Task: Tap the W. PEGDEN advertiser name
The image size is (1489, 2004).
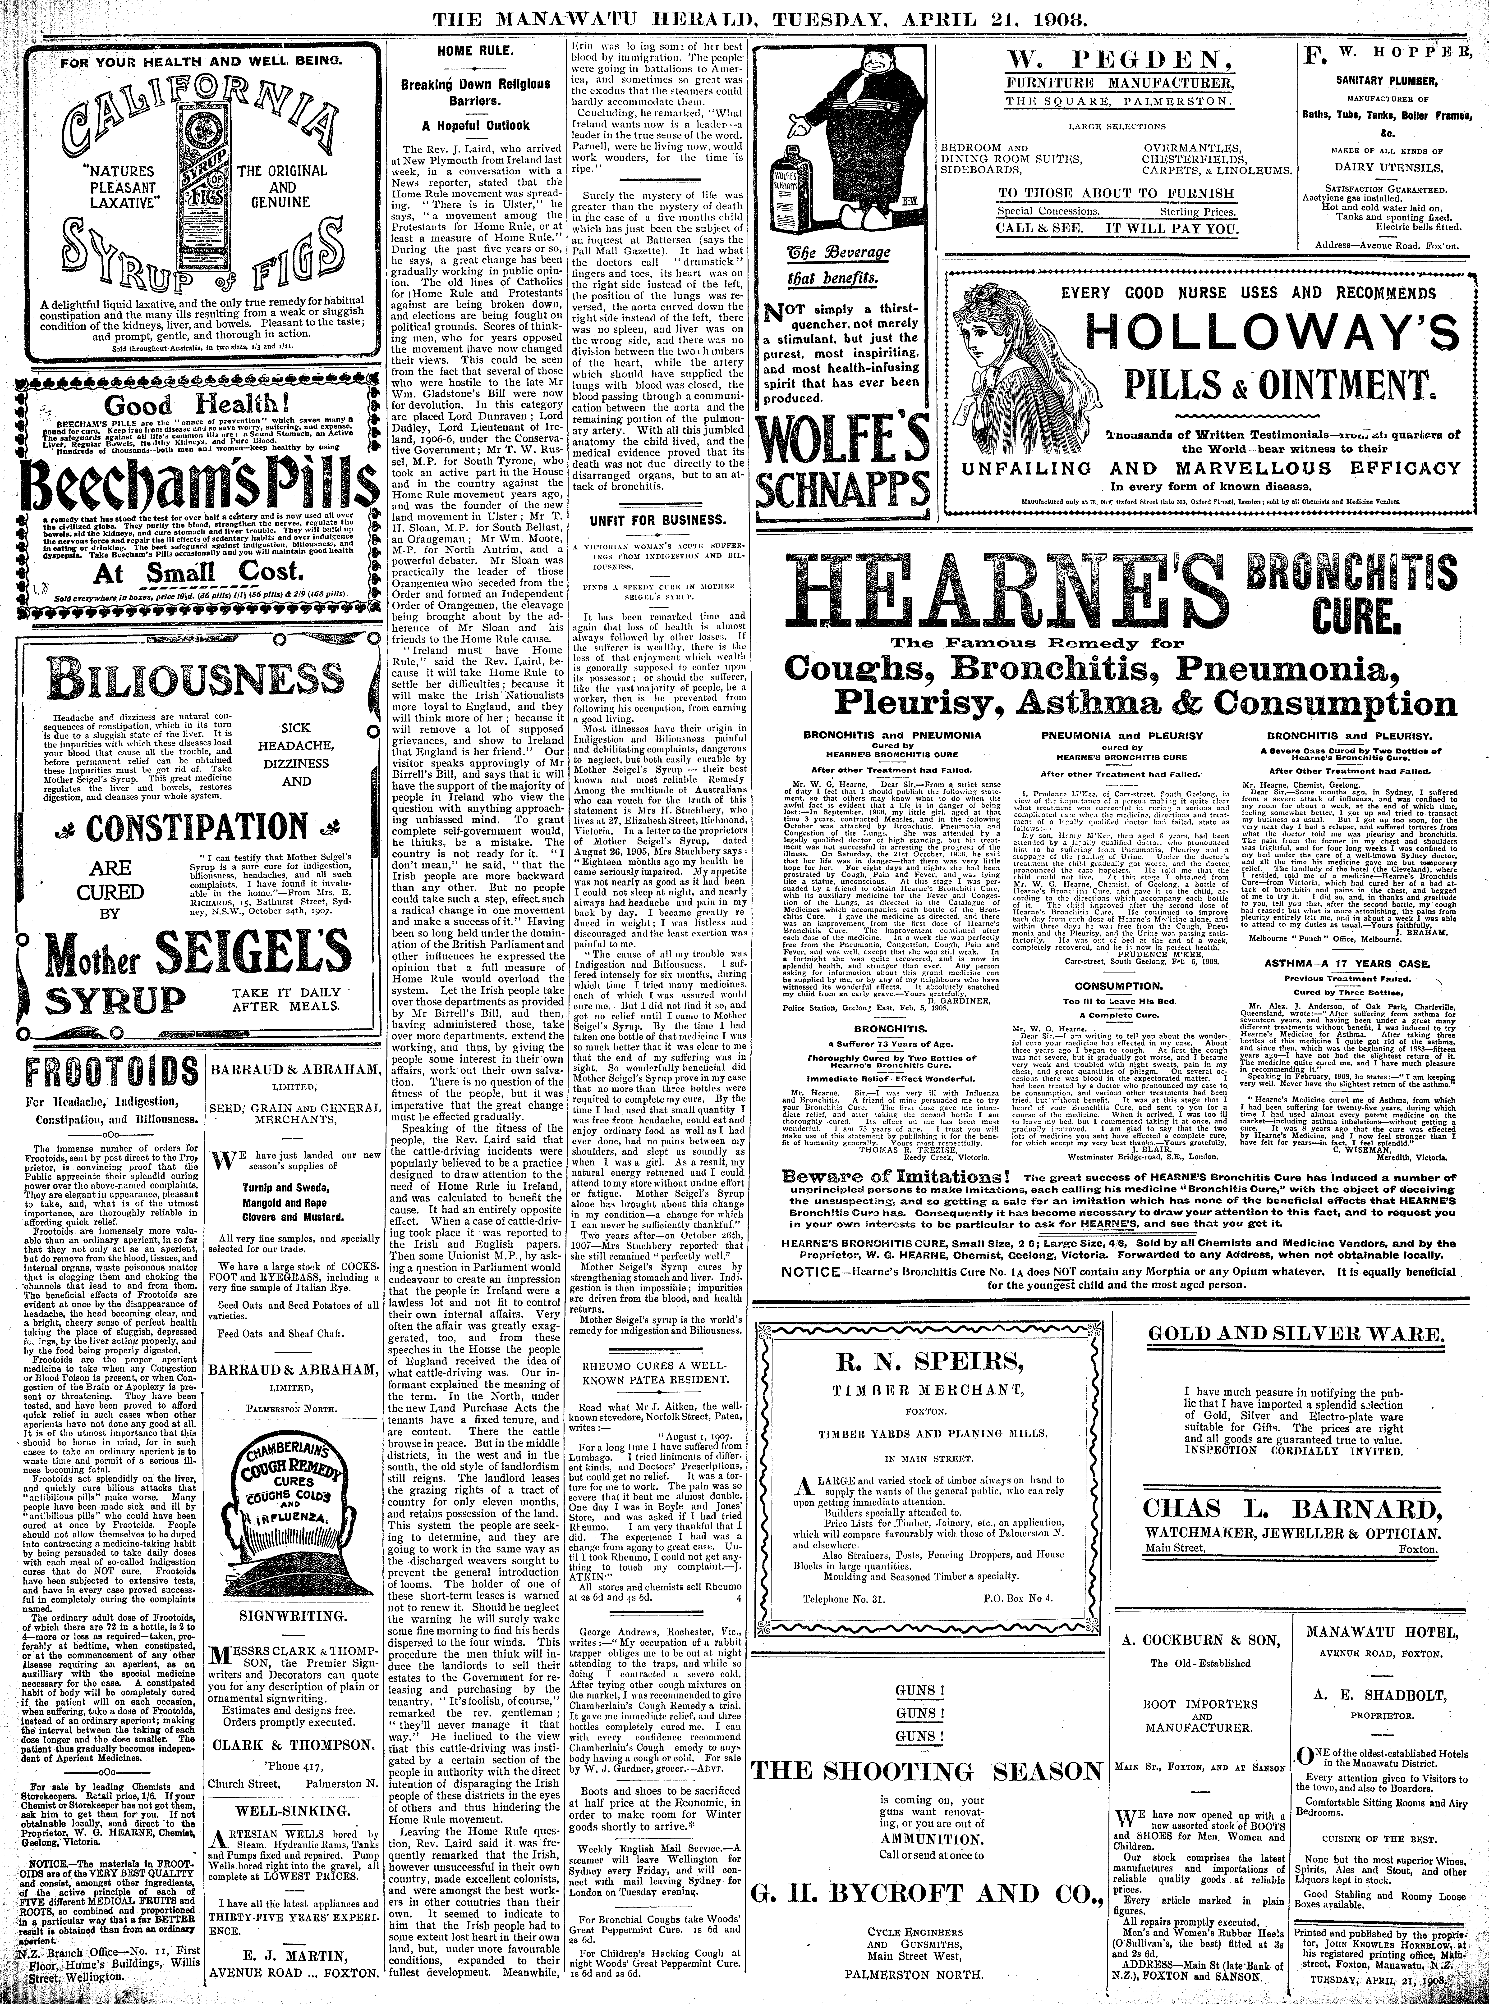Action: pyautogui.click(x=1113, y=60)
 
